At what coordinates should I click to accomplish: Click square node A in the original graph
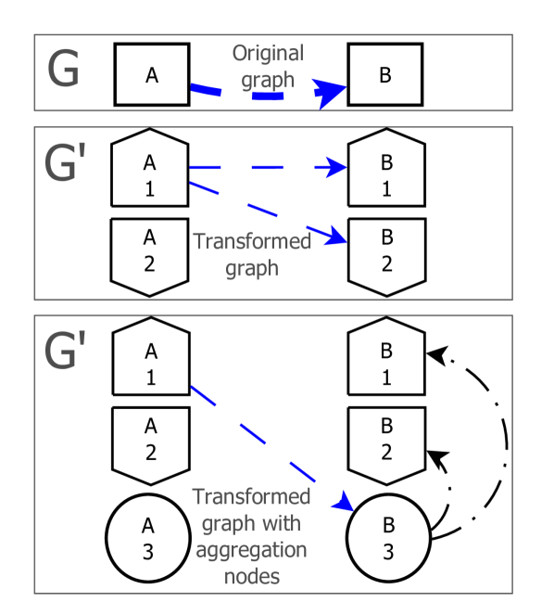[x=152, y=74]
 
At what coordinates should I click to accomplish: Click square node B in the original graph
[x=384, y=75]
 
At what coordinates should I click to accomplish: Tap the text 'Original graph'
[x=268, y=67]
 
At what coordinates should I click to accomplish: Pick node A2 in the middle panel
[x=149, y=250]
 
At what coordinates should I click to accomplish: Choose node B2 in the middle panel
[x=386, y=250]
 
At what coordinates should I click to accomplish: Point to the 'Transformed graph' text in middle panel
[x=252, y=252]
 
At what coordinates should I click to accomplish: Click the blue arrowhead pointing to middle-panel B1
[x=337, y=168]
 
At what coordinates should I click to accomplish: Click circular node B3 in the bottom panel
[x=387, y=539]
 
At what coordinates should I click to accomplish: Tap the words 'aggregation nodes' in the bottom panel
[x=249, y=561]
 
